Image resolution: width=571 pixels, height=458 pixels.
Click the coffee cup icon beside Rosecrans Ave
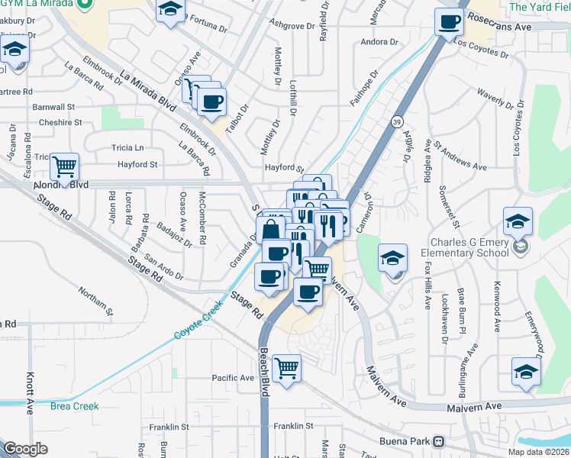point(450,22)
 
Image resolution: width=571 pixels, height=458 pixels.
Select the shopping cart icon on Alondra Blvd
point(65,167)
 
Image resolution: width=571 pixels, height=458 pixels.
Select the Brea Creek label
point(75,406)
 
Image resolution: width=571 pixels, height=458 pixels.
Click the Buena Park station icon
point(438,442)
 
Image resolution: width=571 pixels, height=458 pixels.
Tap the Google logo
point(26,449)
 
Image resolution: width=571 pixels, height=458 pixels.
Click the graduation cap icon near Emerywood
point(526,372)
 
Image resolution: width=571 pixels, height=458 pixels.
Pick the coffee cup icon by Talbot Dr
point(211,102)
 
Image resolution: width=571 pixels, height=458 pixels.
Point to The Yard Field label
point(539,7)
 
